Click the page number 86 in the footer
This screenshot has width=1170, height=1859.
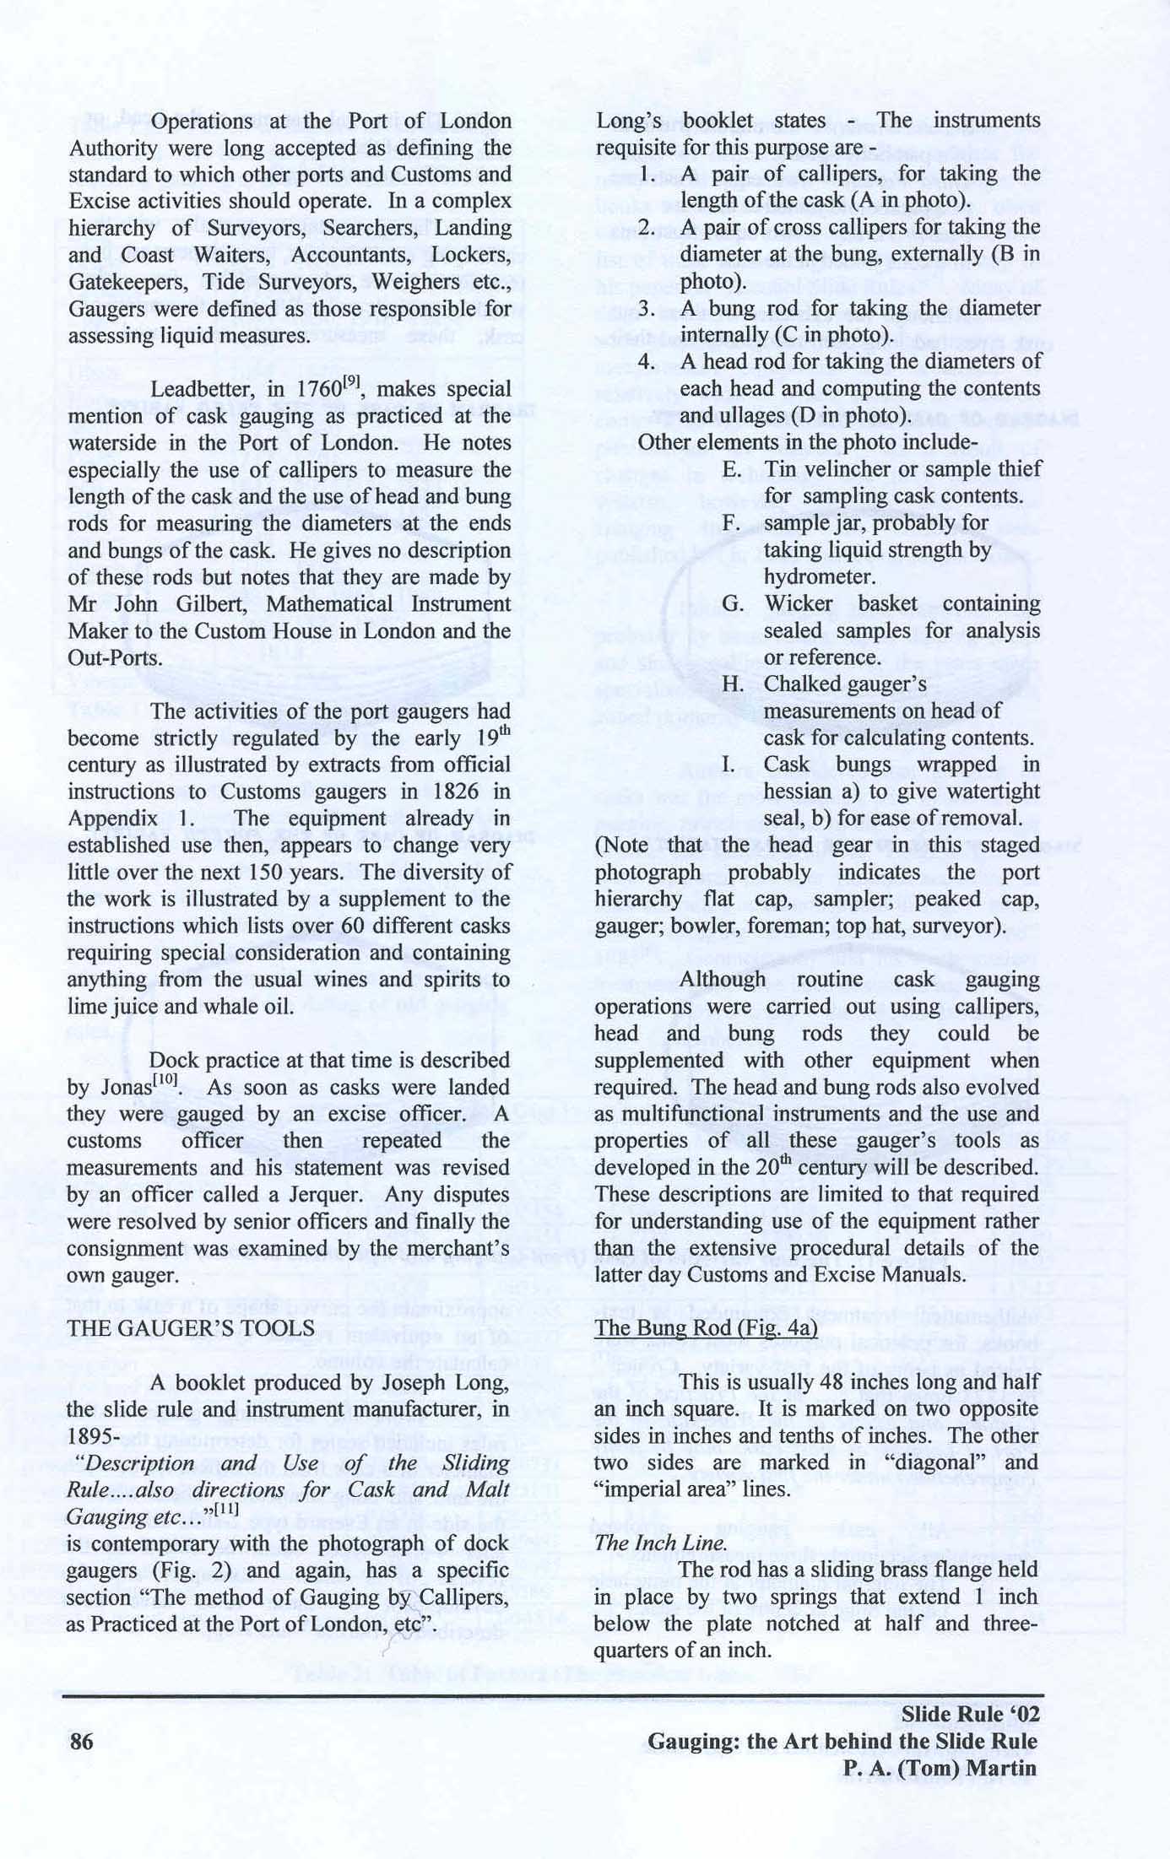coord(82,1741)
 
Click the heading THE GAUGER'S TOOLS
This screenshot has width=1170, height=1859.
coord(190,1328)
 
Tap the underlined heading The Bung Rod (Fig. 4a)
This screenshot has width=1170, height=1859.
coord(707,1327)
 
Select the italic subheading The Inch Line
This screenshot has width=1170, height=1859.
coord(660,1543)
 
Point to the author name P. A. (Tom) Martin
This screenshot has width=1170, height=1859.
coord(934,1768)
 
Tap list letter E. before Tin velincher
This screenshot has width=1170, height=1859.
coord(733,469)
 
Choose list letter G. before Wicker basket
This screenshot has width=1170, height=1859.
coord(733,604)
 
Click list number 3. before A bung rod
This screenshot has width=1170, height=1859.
coord(647,309)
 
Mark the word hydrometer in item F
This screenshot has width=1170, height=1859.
coord(819,576)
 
